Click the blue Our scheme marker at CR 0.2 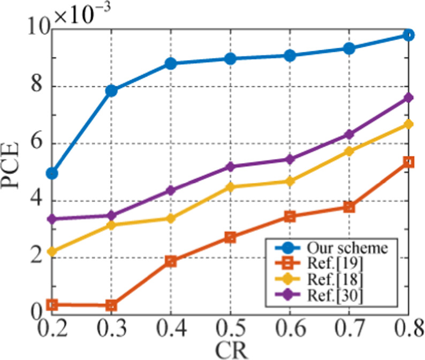(52, 173)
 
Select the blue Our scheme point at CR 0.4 (171, 63)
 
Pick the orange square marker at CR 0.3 (111, 305)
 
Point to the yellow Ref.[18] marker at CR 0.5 (231, 187)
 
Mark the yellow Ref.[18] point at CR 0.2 (52, 251)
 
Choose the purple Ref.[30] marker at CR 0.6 (290, 159)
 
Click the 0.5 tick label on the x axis (230, 326)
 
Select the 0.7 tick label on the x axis (350, 326)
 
